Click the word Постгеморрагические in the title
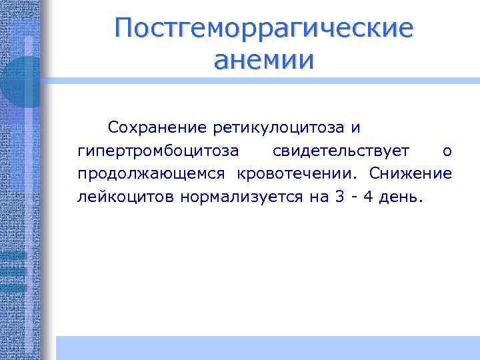[264, 29]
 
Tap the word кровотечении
[297, 174]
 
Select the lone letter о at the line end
[447, 151]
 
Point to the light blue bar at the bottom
[267, 347]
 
